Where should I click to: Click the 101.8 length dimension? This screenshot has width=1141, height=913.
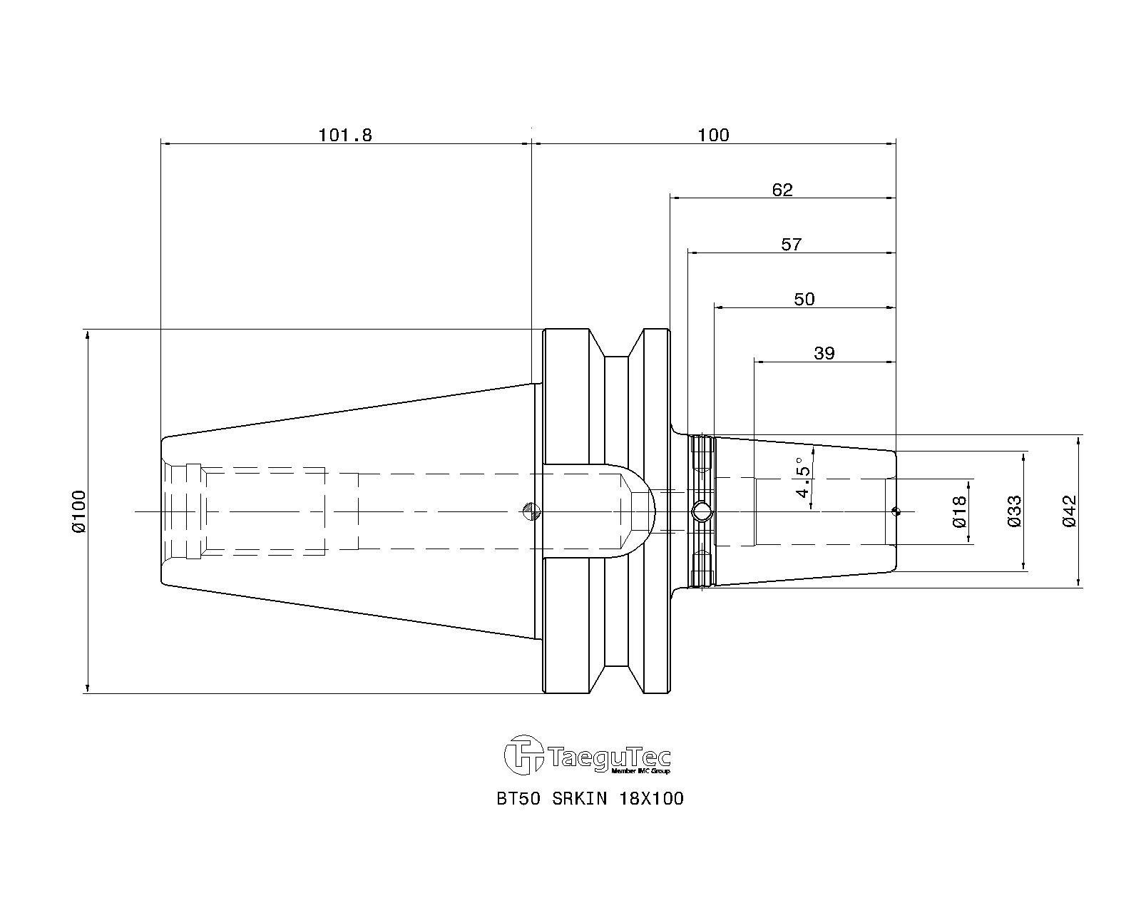tap(345, 136)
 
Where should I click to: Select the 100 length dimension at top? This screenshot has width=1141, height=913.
tap(713, 136)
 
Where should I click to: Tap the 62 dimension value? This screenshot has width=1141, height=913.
tap(782, 190)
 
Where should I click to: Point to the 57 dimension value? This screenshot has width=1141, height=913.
tap(791, 245)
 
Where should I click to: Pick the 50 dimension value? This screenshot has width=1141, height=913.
tap(804, 299)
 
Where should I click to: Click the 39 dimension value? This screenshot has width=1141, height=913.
tap(824, 353)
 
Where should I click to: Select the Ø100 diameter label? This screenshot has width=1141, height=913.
tap(78, 511)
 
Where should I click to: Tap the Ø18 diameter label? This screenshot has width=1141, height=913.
tap(960, 512)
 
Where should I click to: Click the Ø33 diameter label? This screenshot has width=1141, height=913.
tap(1014, 511)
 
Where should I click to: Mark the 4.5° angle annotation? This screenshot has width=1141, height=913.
tap(804, 477)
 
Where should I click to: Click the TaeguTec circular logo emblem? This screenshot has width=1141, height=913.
tap(524, 755)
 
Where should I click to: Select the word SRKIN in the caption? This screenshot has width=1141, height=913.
tap(580, 798)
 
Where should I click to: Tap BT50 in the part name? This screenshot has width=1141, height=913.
tap(518, 798)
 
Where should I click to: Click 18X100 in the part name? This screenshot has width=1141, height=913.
tap(652, 798)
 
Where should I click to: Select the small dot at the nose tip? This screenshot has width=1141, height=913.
tap(896, 512)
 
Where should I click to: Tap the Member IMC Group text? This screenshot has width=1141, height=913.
tap(640, 771)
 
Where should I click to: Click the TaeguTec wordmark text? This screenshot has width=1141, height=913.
tap(609, 758)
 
